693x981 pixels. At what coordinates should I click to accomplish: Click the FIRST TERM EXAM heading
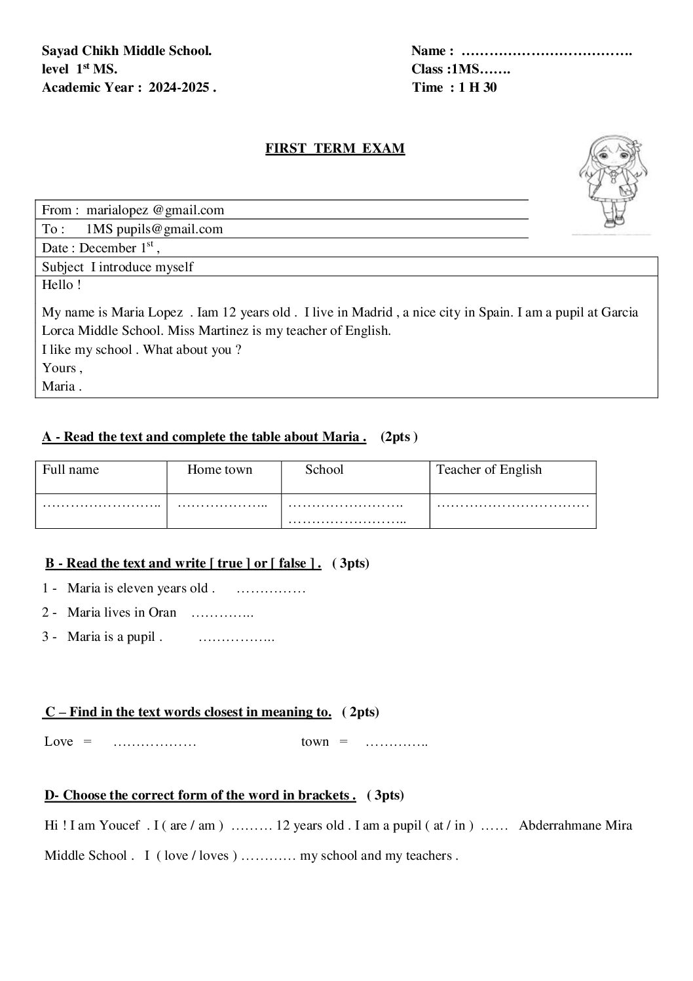pos(335,149)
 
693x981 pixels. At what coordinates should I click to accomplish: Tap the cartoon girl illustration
pos(606,183)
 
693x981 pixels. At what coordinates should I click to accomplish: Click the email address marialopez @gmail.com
pos(155,210)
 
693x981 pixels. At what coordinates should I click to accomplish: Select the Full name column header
pos(71,470)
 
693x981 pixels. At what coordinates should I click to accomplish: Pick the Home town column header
pos(219,470)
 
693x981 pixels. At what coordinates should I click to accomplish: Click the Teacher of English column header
pos(489,470)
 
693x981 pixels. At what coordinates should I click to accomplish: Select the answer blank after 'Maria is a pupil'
pos(236,638)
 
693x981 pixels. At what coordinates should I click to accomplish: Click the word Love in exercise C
pos(59,742)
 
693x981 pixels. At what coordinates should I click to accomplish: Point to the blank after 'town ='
pos(396,742)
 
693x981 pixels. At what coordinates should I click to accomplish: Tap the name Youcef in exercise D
pos(119,826)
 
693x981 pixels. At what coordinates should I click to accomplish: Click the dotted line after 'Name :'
pos(546,51)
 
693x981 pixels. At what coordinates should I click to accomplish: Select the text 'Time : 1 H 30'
pos(455,88)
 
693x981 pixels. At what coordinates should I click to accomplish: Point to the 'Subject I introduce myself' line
pos(118,267)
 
